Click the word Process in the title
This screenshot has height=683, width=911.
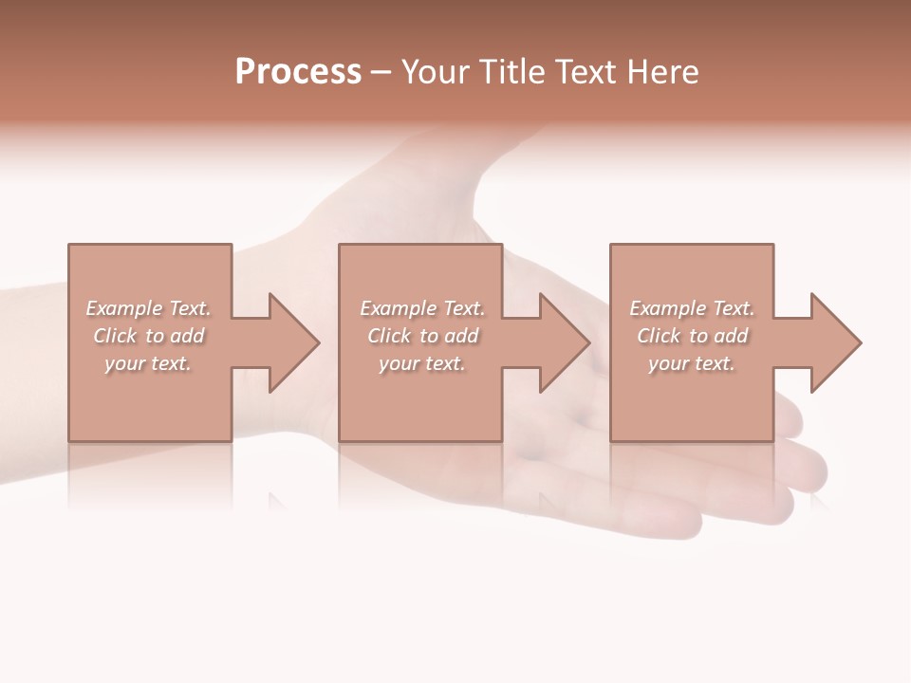coord(298,72)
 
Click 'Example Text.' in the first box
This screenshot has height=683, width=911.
coord(148,308)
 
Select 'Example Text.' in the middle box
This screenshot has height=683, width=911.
coord(422,308)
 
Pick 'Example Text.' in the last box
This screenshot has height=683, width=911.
coord(692,308)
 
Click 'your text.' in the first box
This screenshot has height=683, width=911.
coord(148,363)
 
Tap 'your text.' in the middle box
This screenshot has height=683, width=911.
coord(422,363)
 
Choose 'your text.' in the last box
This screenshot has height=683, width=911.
coord(692,363)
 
